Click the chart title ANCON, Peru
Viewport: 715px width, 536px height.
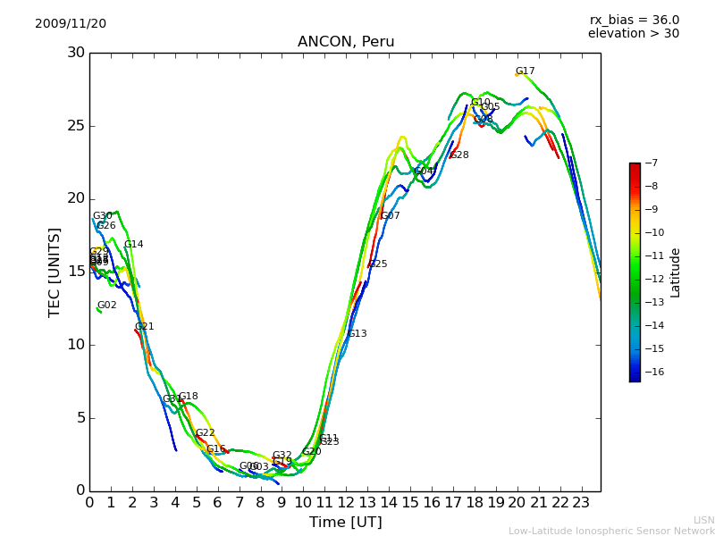pyautogui.click(x=345, y=42)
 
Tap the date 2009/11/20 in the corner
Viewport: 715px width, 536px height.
pyautogui.click(x=71, y=23)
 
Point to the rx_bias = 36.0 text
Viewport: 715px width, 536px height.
pyautogui.click(x=634, y=20)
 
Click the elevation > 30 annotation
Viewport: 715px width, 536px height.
pyautogui.click(x=633, y=34)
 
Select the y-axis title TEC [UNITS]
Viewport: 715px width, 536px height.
pyautogui.click(x=55, y=272)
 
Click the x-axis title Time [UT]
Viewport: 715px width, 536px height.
pyautogui.click(x=345, y=522)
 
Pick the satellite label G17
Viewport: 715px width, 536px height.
pyautogui.click(x=525, y=71)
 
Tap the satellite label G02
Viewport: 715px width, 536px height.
pyautogui.click(x=106, y=306)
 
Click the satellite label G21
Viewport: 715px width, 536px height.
pyautogui.click(x=144, y=327)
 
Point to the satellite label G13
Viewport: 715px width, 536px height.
pyautogui.click(x=357, y=334)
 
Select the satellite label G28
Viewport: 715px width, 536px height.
pyautogui.click(x=458, y=155)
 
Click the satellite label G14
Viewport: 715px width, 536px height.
pyautogui.click(x=133, y=245)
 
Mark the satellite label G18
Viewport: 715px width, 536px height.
pyautogui.click(x=188, y=397)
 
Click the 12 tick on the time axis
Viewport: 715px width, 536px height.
pyautogui.click(x=346, y=503)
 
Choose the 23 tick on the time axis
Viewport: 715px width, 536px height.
pyautogui.click(x=581, y=503)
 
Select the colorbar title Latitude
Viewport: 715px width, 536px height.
pyautogui.click(x=676, y=272)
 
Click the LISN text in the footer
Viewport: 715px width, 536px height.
pyautogui.click(x=703, y=520)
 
